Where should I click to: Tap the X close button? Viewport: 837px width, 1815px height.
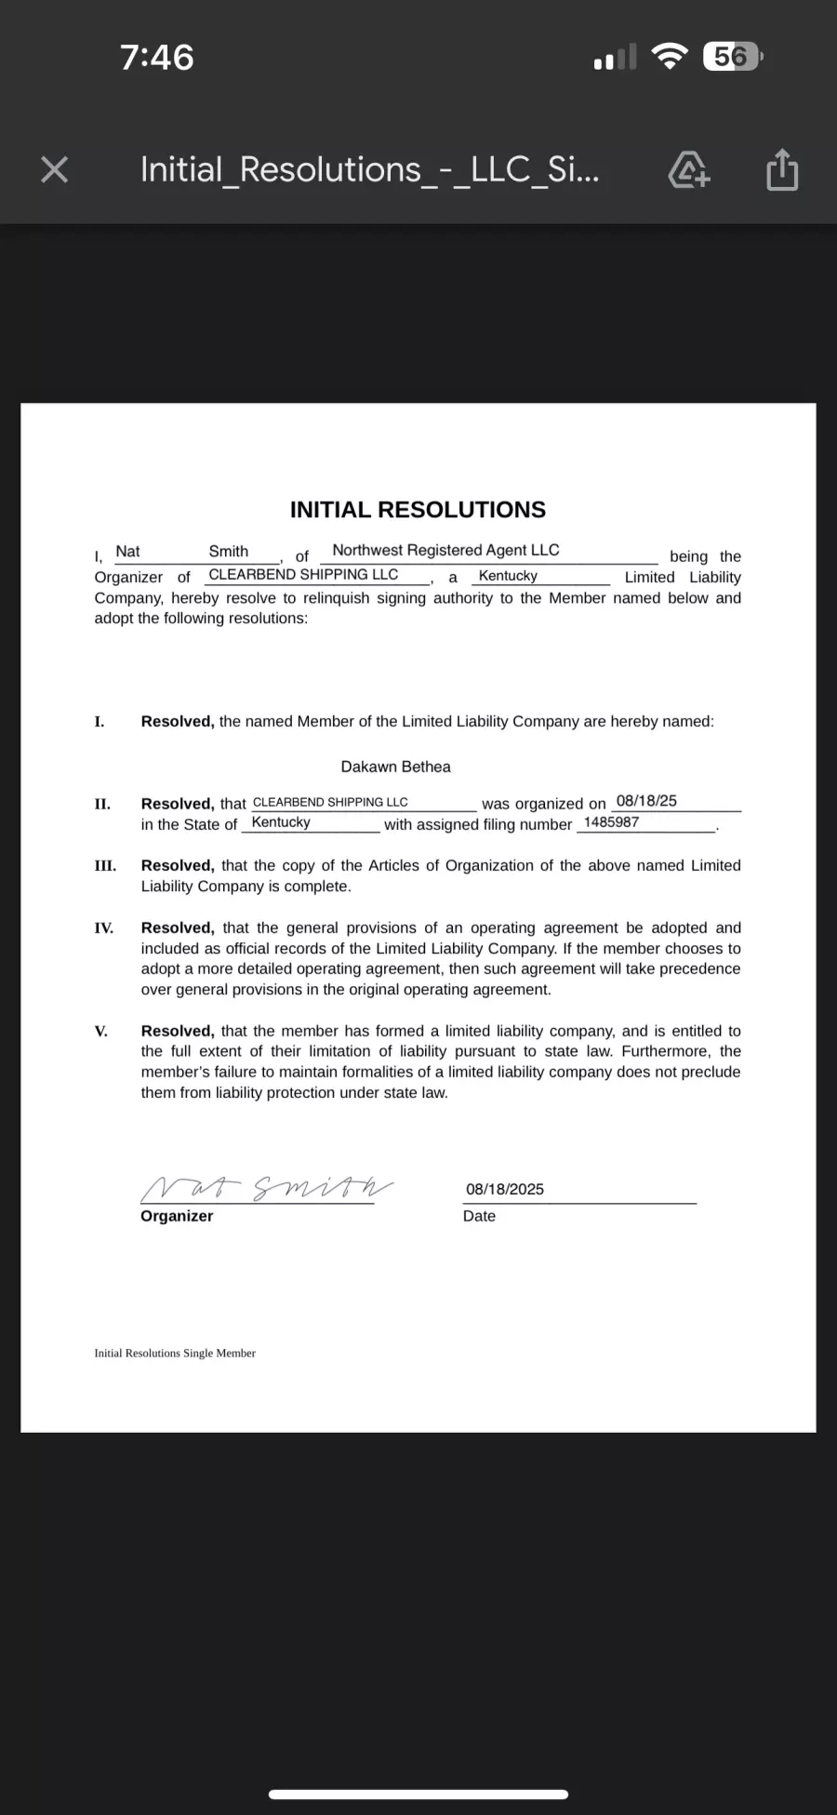55,169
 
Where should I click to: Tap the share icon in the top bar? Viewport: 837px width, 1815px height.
782,169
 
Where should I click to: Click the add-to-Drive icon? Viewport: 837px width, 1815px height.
689,170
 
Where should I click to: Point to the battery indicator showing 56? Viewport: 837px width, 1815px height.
733,57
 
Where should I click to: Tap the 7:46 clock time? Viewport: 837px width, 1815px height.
157,58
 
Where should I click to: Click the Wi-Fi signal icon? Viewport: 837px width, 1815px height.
669,57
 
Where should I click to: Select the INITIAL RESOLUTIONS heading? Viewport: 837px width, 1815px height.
418,510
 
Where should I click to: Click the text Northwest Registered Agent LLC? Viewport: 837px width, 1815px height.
445,551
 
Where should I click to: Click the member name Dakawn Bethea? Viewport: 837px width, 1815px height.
395,767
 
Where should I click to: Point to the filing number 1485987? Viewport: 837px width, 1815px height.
611,822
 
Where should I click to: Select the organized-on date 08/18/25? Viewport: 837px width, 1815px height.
646,801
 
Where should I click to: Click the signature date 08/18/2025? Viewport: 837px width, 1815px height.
505,1189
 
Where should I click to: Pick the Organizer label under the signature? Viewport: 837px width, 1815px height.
177,1216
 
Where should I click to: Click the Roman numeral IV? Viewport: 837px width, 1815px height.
104,928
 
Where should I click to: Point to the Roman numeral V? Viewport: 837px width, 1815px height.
100,1031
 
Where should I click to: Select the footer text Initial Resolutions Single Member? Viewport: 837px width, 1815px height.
175,1353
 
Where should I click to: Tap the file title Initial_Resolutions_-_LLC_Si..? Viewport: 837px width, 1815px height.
369,169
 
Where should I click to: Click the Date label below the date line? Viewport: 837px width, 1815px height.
479,1216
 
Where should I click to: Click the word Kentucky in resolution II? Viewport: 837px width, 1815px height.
281,822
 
